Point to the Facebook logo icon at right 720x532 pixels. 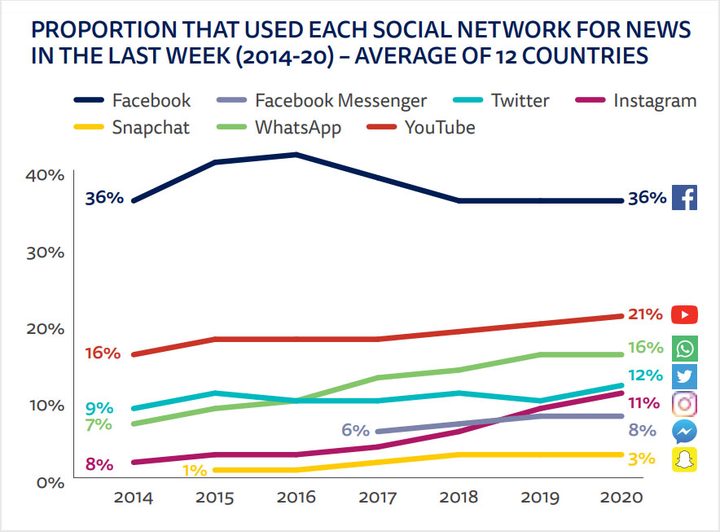685,198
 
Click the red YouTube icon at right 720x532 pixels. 685,315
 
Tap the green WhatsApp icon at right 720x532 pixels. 685,348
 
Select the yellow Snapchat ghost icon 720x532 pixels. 685,460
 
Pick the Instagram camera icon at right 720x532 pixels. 685,404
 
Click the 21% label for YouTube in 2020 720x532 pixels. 645,315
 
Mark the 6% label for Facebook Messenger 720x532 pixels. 356,430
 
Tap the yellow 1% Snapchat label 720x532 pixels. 194,470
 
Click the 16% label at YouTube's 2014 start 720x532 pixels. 103,353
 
